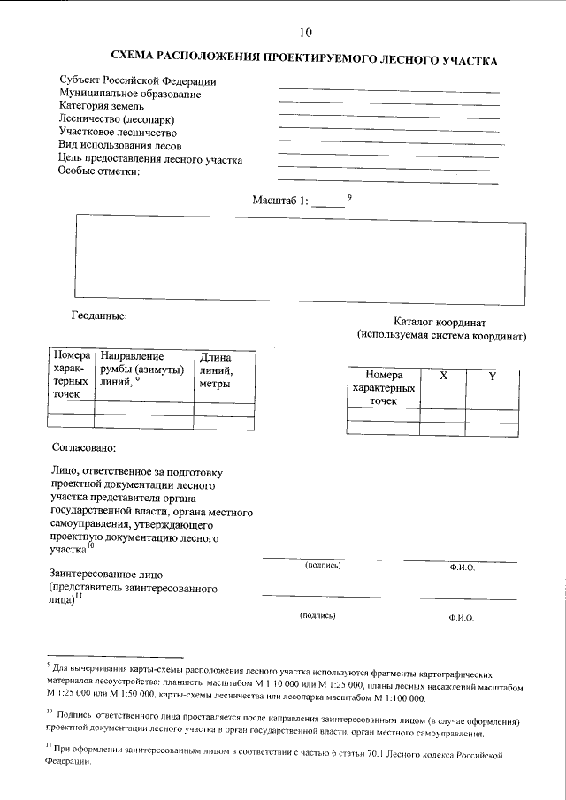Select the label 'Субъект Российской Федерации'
(x=138, y=81)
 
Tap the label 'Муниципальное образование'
(x=130, y=94)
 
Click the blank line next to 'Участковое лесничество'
(x=388, y=131)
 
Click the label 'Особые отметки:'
(x=99, y=171)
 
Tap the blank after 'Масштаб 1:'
(x=328, y=203)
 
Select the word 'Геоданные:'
(x=99, y=315)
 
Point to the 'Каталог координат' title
(x=440, y=323)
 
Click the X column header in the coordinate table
(x=443, y=376)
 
